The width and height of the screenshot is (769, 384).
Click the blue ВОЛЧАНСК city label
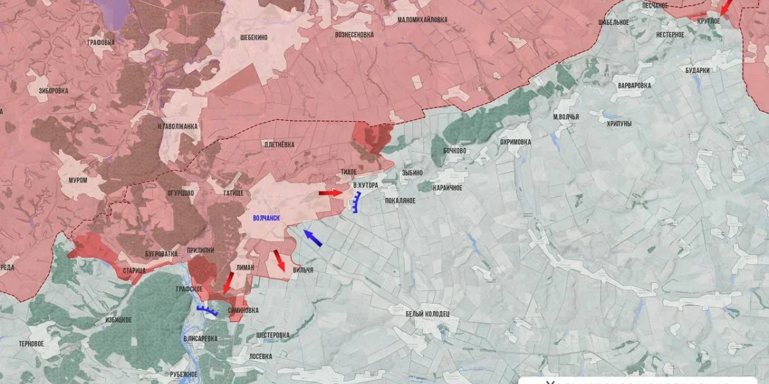click(x=267, y=218)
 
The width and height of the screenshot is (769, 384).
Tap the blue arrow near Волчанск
click(x=313, y=238)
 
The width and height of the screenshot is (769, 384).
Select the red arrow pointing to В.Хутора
click(x=331, y=193)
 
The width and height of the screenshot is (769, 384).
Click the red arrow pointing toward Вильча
click(x=279, y=260)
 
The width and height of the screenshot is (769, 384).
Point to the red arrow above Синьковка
click(x=227, y=281)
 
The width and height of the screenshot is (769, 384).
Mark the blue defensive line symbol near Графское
click(x=207, y=311)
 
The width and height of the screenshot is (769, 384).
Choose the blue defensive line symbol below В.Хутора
click(x=354, y=202)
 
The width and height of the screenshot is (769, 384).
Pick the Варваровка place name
click(x=634, y=85)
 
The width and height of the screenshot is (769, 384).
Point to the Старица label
click(x=135, y=271)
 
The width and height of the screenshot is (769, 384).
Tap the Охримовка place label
click(x=515, y=141)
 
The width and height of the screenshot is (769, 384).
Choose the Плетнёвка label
click(x=279, y=145)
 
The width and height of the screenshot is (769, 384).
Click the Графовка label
click(x=101, y=43)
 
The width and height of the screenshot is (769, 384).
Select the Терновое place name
click(x=31, y=344)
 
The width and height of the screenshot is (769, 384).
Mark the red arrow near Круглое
click(x=727, y=8)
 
